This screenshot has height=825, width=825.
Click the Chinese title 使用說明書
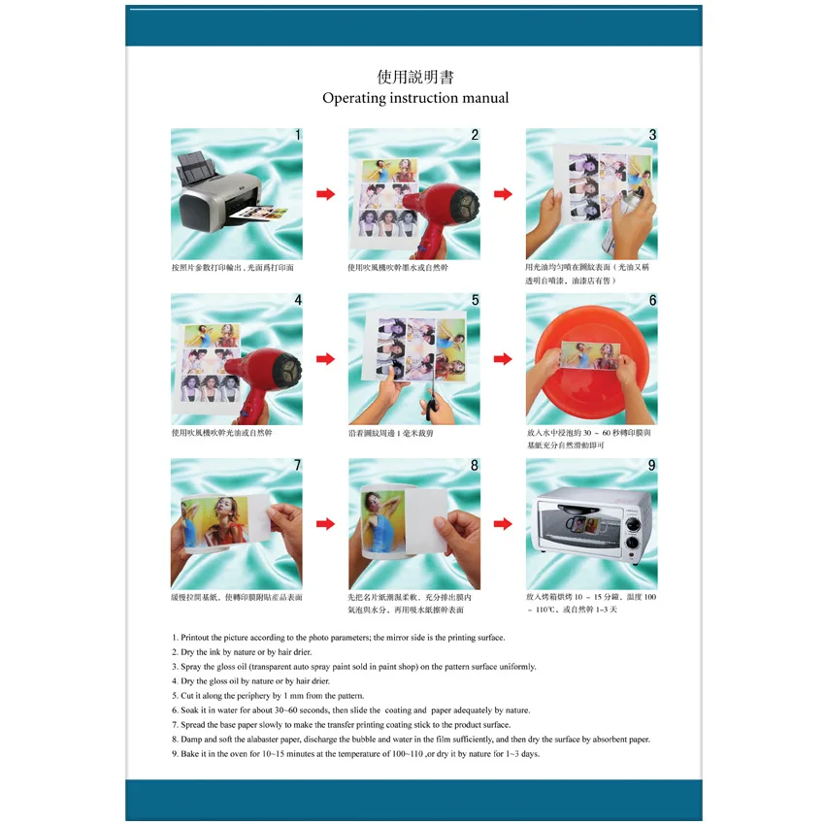pyautogui.click(x=414, y=77)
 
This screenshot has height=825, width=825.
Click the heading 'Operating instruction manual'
pyautogui.click(x=414, y=98)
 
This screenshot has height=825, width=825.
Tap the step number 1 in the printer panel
pyautogui.click(x=298, y=135)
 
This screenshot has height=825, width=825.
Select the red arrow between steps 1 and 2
pyautogui.click(x=325, y=194)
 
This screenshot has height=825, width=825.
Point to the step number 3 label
pyautogui.click(x=652, y=135)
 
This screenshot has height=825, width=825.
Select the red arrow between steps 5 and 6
pyautogui.click(x=503, y=359)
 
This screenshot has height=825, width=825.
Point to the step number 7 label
pyautogui.click(x=298, y=465)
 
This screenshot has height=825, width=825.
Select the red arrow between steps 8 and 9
pyautogui.click(x=503, y=524)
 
